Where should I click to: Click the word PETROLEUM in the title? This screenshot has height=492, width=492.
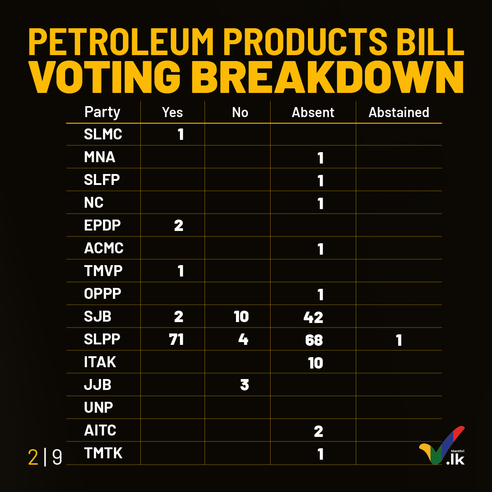coord(121,42)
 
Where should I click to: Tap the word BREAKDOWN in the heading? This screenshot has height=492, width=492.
coord(327,77)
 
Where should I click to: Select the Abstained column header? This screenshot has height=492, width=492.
coord(399,113)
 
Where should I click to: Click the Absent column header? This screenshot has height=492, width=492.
coord(313,113)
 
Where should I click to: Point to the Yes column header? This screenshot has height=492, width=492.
coord(172,113)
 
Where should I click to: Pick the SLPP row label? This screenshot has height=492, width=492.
coord(102,339)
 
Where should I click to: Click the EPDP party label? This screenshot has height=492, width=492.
coord(102,225)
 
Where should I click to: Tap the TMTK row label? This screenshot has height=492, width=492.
coord(103,453)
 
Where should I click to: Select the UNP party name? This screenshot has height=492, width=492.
coord(98,408)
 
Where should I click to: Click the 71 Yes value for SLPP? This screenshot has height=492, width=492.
coord(176,339)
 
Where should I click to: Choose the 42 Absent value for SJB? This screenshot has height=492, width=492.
coord(313,317)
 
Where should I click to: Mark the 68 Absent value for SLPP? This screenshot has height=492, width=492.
coord(314,340)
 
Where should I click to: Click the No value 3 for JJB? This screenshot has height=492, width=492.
coord(245,385)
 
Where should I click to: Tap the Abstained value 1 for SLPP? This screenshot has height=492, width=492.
coord(399,340)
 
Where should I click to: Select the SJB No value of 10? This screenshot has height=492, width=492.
coord(241,317)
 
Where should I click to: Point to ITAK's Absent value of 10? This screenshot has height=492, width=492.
coord(316,363)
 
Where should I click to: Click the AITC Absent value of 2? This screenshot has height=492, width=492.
coord(318,431)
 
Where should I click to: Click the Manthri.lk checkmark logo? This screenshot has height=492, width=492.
coord(442,445)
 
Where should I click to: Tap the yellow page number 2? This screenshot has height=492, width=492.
coord(33,457)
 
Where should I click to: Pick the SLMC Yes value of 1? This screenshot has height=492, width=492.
coord(180,134)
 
